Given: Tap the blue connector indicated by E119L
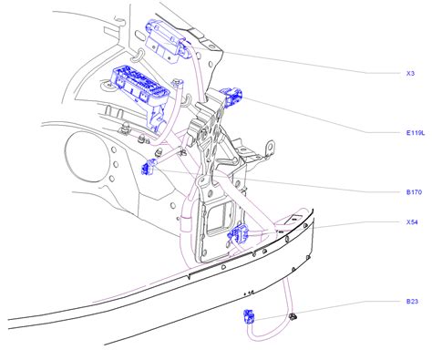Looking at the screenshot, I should [231, 97].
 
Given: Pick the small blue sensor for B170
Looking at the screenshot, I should [152, 168].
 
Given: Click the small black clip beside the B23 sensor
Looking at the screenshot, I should [293, 318].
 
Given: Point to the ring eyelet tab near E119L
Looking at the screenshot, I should [271, 145].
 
